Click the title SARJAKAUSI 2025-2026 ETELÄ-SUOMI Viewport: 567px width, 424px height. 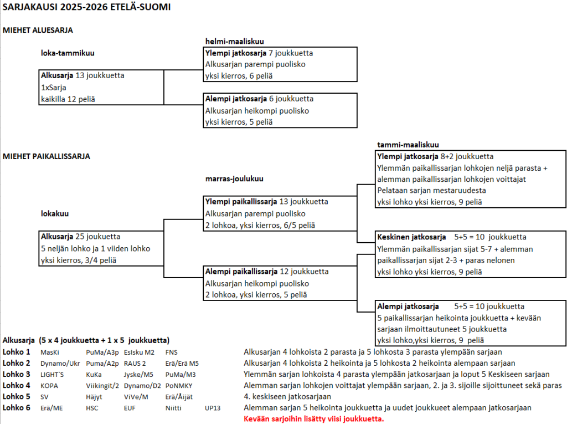click(x=86, y=8)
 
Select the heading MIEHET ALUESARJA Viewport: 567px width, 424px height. click(x=38, y=30)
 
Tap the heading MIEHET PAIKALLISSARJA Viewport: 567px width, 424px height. click(x=46, y=156)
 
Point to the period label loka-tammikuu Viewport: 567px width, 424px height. click(x=68, y=54)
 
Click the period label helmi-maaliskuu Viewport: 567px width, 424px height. click(x=234, y=42)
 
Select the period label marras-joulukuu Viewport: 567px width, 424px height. click(x=234, y=179)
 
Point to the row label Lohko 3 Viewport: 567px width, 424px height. click(x=17, y=374)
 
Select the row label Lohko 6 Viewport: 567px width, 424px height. click(x=17, y=407)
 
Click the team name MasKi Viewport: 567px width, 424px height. click(x=50, y=353)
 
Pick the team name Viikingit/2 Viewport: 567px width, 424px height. click(x=102, y=386)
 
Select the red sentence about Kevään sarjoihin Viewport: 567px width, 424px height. click(x=313, y=418)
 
